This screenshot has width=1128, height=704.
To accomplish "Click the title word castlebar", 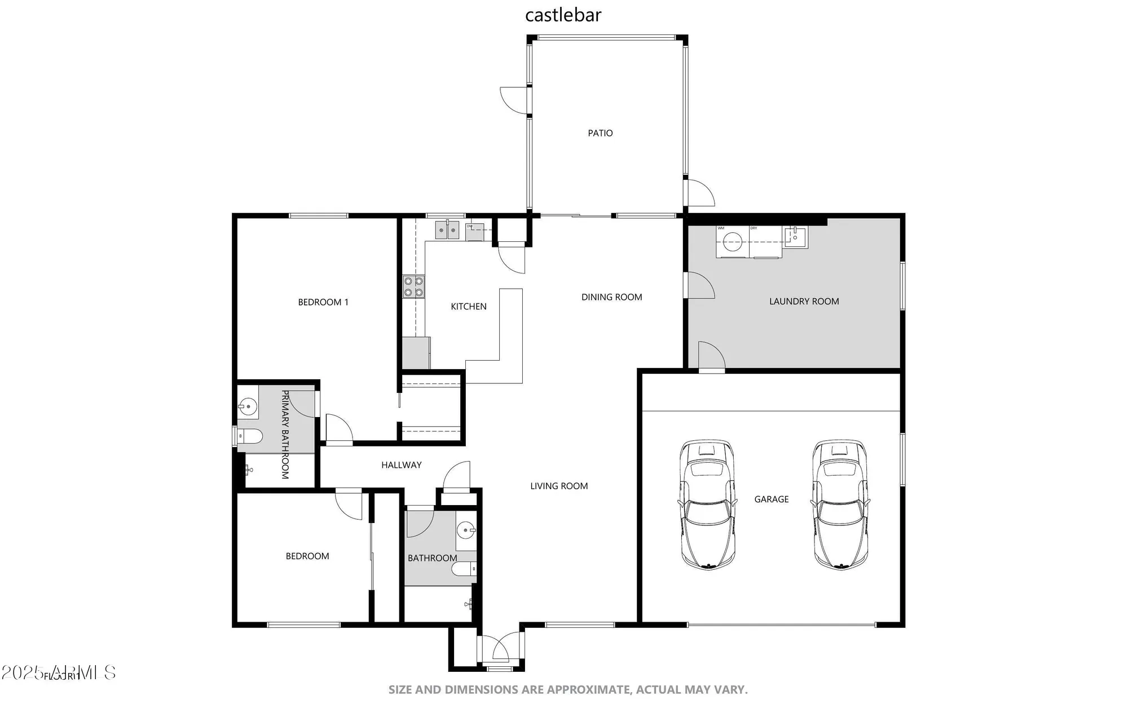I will pos(563,15).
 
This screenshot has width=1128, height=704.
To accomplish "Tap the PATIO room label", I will pos(600,133).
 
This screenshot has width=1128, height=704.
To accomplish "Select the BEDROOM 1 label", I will pos(323,302).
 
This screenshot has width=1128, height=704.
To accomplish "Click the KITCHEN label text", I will pos(468,306).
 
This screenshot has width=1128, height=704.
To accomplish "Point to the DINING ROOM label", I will pos(611,297).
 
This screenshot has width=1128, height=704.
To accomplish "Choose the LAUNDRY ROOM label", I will pos(804,302).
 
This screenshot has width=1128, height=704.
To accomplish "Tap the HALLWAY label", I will pos(401,465).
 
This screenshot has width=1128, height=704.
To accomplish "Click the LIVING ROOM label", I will pos(558,486).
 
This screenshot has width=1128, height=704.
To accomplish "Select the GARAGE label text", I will pos(771,499).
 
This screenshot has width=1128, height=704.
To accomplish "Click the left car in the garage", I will pos(708,504).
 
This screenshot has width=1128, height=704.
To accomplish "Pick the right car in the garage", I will pos(840,504).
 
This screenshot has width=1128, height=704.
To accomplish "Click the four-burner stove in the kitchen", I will pos(413,287).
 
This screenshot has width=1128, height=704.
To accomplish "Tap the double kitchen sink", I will pos(447,231).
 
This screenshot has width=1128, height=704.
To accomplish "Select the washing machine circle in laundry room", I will pos(732,242).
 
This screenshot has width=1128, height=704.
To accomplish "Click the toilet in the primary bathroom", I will pos(249,436).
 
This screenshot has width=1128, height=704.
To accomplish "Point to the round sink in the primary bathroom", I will pos(247,406).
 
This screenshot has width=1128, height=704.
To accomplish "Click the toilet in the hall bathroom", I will pos(464,569).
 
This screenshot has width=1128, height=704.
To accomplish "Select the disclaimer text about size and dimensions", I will pos(567,689).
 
